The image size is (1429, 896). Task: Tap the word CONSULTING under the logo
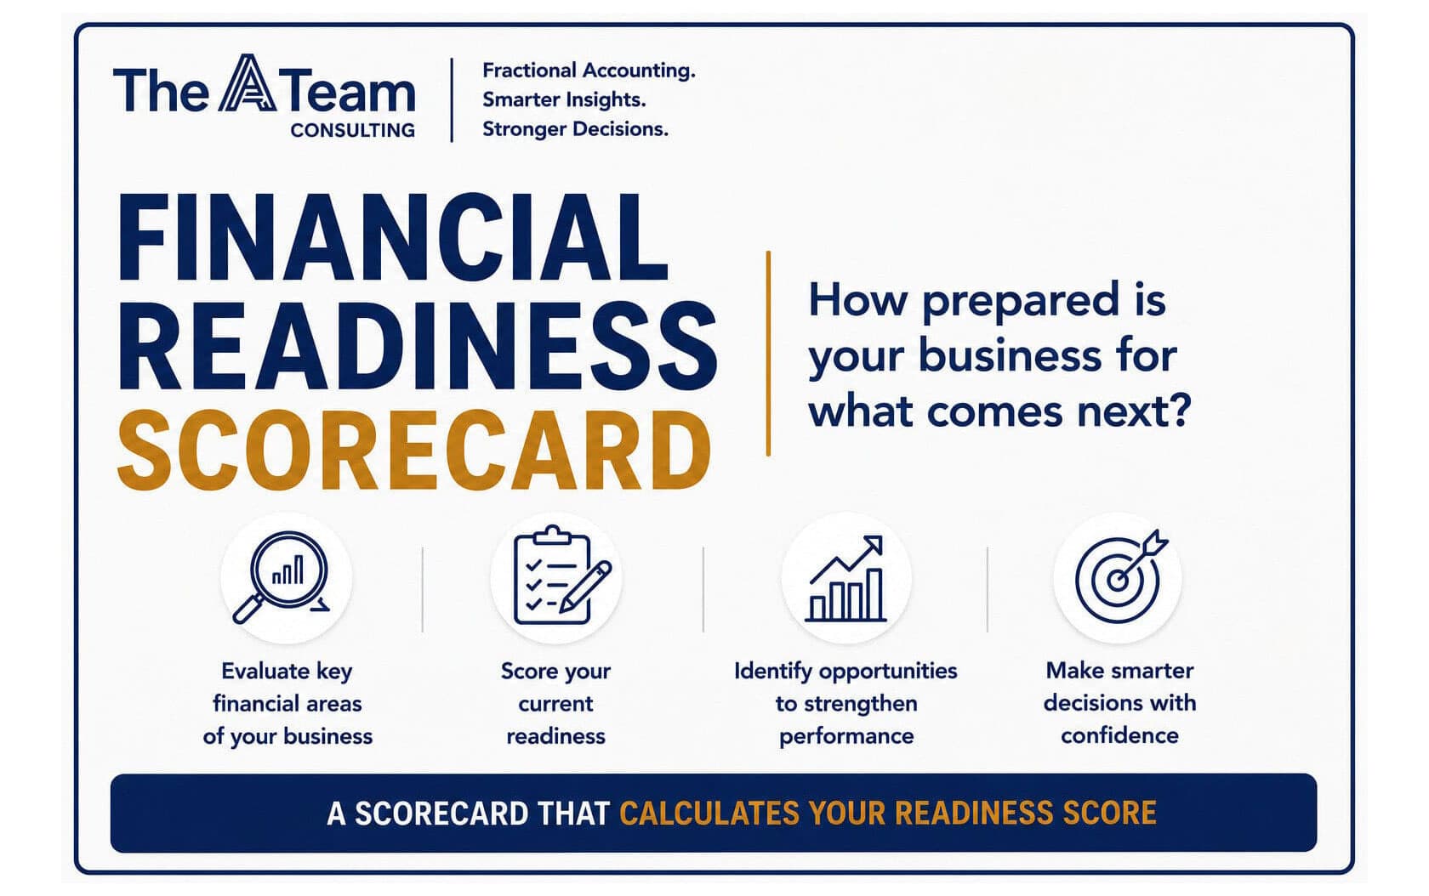pyautogui.click(x=353, y=131)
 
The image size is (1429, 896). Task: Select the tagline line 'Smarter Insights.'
pyautogui.click(x=564, y=99)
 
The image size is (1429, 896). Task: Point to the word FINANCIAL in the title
pyautogui.click(x=393, y=238)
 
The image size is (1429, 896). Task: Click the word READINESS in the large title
pyautogui.click(x=418, y=346)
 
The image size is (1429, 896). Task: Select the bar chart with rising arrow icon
pyautogui.click(x=845, y=578)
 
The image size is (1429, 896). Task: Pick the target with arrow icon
pyautogui.click(x=1120, y=576)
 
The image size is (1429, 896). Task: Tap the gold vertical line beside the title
pyautogui.click(x=768, y=354)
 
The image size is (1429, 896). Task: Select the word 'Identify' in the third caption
pyautogui.click(x=773, y=672)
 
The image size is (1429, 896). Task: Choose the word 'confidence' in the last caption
pyautogui.click(x=1119, y=736)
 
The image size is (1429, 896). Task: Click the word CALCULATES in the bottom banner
pyautogui.click(x=709, y=813)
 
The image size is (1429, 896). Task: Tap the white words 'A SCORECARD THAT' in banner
pyautogui.click(x=468, y=814)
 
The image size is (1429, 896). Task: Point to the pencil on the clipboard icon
pyautogui.click(x=585, y=587)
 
